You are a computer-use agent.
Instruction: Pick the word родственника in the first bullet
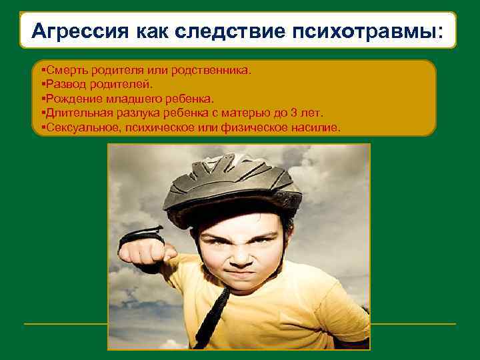tap(219, 71)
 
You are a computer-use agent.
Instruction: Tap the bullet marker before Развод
tap(43, 85)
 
